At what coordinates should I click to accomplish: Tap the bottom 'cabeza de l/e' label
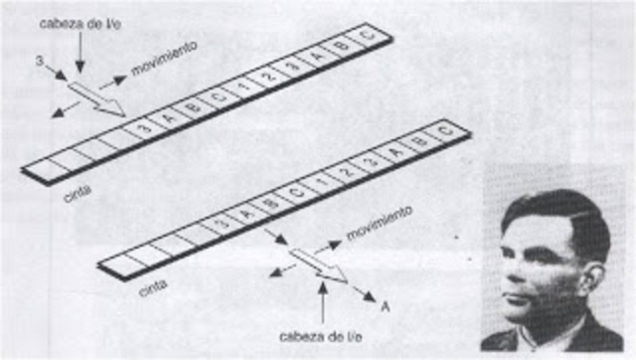point(320,334)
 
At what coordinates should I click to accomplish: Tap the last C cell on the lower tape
point(444,130)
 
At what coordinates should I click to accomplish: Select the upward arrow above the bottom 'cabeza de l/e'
point(320,302)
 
